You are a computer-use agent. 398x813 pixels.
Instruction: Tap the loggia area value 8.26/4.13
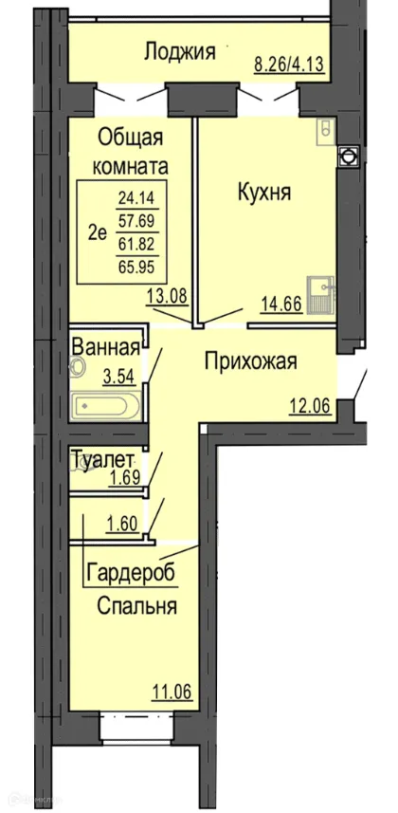(x=290, y=65)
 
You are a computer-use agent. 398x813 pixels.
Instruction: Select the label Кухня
(x=263, y=193)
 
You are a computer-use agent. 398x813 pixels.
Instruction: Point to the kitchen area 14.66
(x=280, y=305)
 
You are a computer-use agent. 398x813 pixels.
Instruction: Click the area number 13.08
(x=167, y=295)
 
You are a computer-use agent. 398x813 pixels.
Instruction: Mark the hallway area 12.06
(x=309, y=408)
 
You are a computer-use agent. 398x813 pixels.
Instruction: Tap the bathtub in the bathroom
(x=106, y=407)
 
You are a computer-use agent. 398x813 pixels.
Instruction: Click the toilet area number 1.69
(x=126, y=477)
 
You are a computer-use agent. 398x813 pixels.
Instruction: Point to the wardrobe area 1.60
(x=124, y=522)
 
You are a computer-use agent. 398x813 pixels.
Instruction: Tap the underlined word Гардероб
(x=132, y=573)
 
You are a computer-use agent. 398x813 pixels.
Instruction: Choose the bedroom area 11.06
(x=172, y=692)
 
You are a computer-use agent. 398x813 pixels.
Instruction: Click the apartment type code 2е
(x=97, y=233)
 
